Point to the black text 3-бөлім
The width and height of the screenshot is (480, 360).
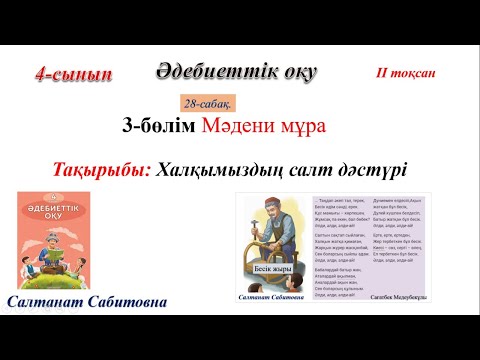(160, 126)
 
